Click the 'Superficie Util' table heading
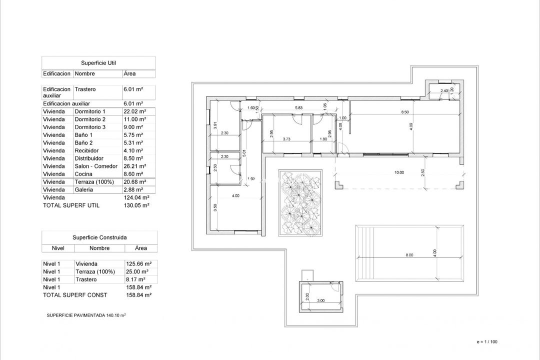click(x=98, y=63)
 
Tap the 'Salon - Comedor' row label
click(x=96, y=166)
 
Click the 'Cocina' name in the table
click(x=83, y=174)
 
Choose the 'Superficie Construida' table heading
click(x=99, y=238)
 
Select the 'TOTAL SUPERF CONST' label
click(x=75, y=295)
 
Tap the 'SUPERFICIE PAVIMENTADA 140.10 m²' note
click(x=86, y=315)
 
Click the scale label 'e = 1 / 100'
click(x=487, y=342)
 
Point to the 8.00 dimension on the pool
click(x=409, y=255)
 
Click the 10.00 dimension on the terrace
click(x=398, y=172)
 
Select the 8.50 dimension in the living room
click(x=405, y=112)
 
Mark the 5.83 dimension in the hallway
click(x=298, y=108)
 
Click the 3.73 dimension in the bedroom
click(x=287, y=139)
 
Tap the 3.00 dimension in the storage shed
click(x=320, y=300)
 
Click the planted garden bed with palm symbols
click(x=300, y=202)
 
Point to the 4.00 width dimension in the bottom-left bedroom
click(x=235, y=196)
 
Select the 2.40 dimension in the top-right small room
click(x=444, y=90)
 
